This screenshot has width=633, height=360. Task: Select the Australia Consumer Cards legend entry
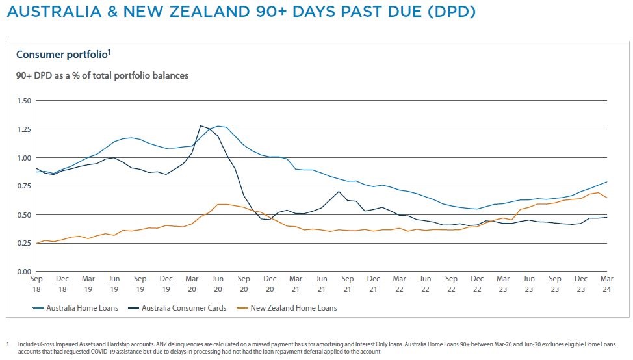click(179, 307)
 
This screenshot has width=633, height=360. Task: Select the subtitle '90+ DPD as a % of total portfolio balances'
click(102, 75)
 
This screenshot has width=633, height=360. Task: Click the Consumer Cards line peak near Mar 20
click(201, 125)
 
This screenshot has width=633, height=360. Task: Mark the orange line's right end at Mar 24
click(607, 198)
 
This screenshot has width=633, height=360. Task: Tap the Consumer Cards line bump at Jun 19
click(114, 157)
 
